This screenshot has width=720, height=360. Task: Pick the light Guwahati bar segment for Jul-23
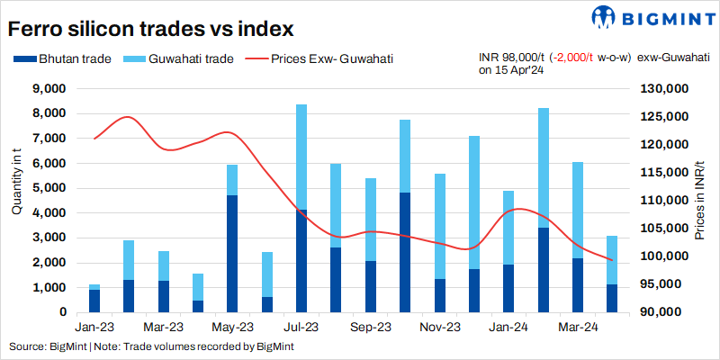pos(301,157)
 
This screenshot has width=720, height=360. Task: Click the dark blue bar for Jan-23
pos(94,301)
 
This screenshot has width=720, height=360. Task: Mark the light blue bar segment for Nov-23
pos(440,226)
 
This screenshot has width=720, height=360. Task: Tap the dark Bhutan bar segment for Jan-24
pos(509,288)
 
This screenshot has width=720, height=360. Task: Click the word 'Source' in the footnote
pos(26,346)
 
